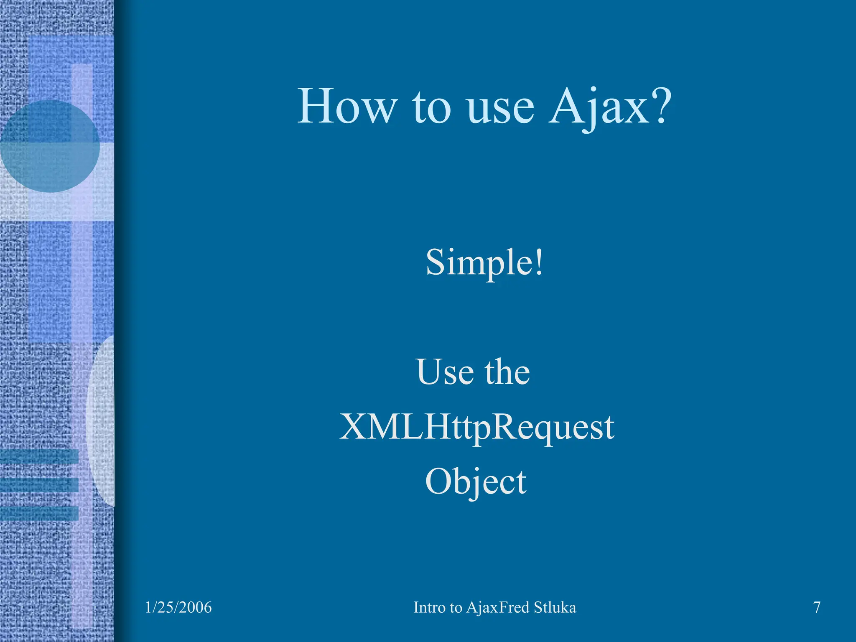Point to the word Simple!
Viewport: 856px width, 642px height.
click(x=484, y=262)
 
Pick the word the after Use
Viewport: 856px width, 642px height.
click(x=507, y=372)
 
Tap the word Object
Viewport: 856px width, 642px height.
click(x=476, y=482)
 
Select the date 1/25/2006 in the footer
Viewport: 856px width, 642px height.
click(x=178, y=607)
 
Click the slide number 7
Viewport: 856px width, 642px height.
click(x=817, y=607)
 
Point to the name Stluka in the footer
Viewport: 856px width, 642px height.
click(x=555, y=607)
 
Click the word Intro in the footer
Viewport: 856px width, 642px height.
click(x=430, y=607)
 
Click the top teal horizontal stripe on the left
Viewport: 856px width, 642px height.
click(x=39, y=456)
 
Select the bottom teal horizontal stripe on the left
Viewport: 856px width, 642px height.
click(x=39, y=513)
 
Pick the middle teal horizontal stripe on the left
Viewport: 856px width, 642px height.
click(x=39, y=485)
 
